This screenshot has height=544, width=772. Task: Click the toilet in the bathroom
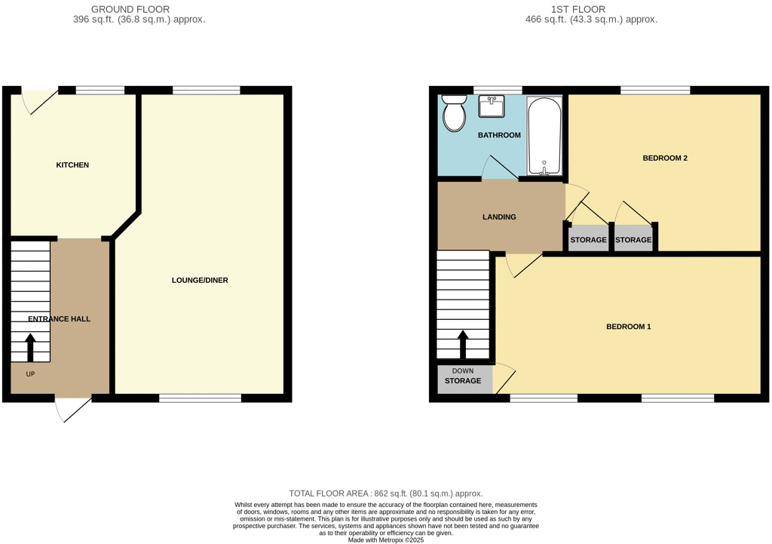454,115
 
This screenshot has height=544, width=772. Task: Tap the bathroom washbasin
492,106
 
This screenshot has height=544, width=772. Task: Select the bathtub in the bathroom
544,137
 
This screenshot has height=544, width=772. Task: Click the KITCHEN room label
72,165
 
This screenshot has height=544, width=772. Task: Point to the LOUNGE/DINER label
200,281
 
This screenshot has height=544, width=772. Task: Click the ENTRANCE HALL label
59,319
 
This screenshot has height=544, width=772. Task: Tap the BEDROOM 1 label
628,327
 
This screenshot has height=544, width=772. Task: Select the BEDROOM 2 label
664,158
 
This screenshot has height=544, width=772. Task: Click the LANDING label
499,217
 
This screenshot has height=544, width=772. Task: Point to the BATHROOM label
499,136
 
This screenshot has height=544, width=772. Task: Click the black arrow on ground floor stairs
31,349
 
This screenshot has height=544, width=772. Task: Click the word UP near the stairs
30,374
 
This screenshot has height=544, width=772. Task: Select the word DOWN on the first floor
463,371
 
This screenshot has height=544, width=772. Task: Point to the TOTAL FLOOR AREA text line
385,493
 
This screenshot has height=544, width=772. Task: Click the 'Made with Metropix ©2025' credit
385,540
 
